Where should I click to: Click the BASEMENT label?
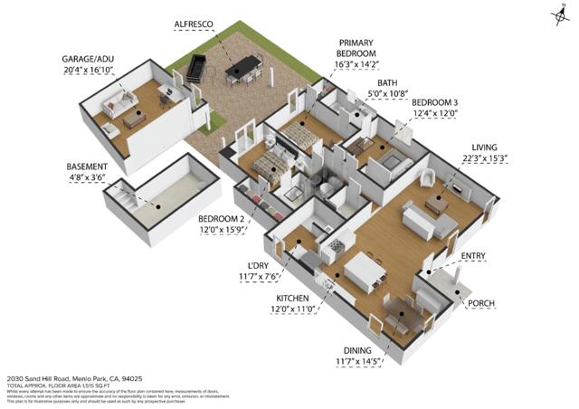click(88, 166)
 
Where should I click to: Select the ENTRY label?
click(474, 257)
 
